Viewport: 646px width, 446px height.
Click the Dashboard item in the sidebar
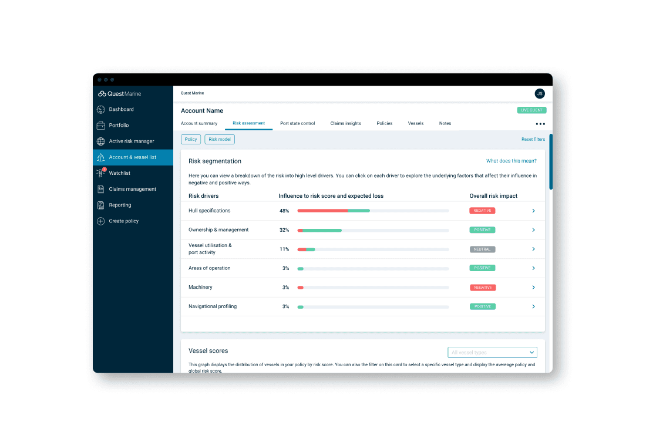[121, 110]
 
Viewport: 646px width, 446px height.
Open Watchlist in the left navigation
[119, 173]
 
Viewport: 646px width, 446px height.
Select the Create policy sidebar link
[123, 221]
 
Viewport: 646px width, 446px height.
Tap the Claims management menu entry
[132, 190]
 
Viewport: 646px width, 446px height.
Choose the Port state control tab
[298, 124]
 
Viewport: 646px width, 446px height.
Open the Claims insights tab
[346, 124]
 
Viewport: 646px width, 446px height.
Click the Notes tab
[445, 124]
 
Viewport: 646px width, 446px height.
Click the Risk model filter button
[220, 140]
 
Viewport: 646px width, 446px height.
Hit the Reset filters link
[533, 140]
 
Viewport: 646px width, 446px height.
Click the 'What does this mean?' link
[512, 161]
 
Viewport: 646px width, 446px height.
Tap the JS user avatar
[540, 94]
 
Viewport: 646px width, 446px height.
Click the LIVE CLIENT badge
[531, 110]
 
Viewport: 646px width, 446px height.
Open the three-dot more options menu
[540, 124]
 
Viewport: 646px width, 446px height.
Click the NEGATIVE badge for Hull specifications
[482, 211]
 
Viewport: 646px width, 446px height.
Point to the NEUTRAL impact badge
[482, 249]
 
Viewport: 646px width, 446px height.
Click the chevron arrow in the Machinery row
[533, 288]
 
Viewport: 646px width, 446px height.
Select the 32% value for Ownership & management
[284, 230]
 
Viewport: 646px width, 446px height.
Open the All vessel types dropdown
[492, 353]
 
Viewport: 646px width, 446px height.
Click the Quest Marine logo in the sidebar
[119, 94]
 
